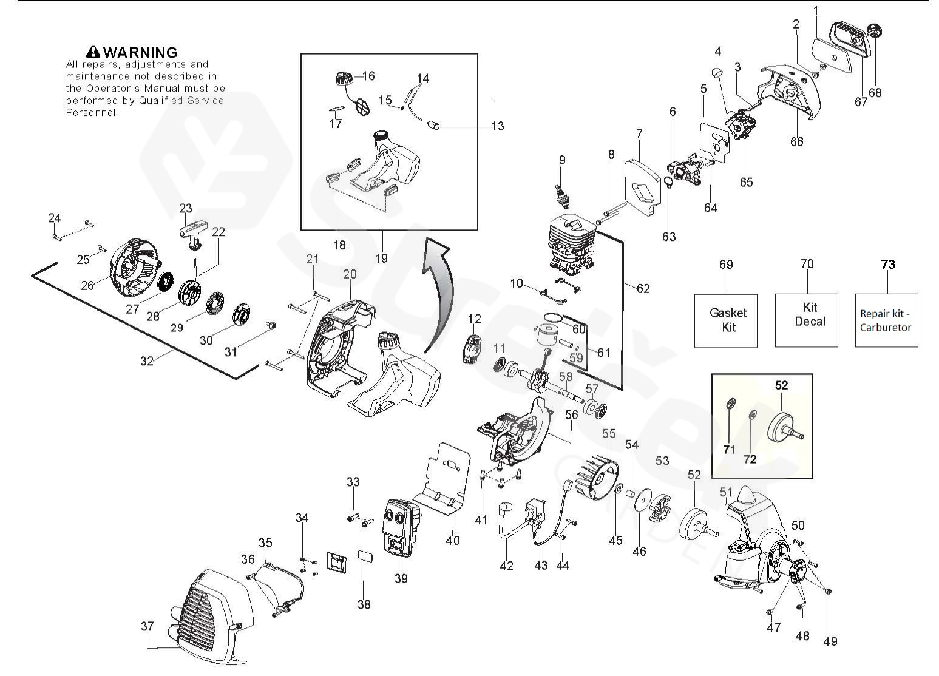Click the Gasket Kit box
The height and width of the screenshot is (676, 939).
tap(725, 320)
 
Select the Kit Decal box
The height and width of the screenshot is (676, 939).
tap(806, 320)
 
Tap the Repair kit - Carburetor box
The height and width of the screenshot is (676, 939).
tap(886, 320)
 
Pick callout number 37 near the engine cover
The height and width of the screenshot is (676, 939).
tap(147, 626)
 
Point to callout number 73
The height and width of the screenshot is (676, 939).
tap(888, 265)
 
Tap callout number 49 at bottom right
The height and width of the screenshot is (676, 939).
tap(830, 641)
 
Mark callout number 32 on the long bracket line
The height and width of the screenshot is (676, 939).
tap(147, 361)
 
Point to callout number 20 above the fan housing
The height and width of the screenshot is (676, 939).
tap(350, 274)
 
